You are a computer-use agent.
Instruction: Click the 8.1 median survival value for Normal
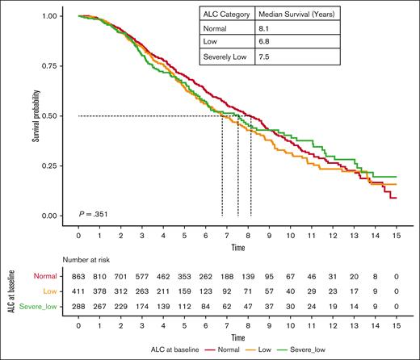[265, 29]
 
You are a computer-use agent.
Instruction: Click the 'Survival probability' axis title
[36, 115]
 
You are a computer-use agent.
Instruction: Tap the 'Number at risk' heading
[103, 261]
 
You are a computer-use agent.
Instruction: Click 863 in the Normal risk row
[78, 277]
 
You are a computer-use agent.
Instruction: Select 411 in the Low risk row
[78, 292]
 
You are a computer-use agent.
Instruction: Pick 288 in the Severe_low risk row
[78, 308]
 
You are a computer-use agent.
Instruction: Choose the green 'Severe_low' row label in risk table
[46, 308]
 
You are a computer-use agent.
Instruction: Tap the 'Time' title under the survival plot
[238, 245]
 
